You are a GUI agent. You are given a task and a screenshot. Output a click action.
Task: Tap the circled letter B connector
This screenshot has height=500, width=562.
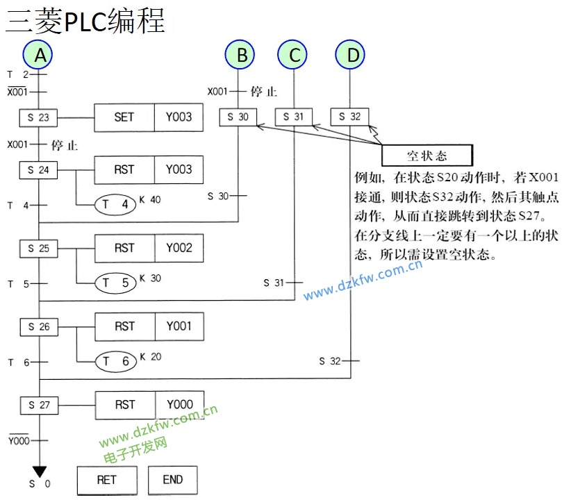point(240,55)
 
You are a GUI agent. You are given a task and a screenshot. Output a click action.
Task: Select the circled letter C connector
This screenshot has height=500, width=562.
point(294,55)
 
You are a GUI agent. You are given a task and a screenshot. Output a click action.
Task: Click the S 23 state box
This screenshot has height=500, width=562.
point(38,117)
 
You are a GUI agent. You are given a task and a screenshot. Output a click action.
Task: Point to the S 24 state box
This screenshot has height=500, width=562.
point(38,169)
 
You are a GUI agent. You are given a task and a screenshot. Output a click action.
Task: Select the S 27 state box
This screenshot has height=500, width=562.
point(38,404)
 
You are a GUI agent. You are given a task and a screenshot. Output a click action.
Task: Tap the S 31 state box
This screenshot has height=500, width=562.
point(294,117)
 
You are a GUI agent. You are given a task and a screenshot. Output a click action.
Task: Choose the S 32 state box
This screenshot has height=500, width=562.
point(350,117)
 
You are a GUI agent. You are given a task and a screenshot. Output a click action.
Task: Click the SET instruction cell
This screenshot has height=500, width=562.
point(124,117)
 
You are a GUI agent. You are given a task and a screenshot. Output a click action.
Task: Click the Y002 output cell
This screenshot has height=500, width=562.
point(179,248)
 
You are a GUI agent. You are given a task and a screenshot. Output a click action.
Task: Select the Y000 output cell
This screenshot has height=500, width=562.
point(179,404)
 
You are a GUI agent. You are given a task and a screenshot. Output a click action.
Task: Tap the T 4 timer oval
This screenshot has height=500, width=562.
point(115,204)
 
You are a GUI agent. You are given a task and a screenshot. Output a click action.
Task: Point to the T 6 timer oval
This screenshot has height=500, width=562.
point(115,361)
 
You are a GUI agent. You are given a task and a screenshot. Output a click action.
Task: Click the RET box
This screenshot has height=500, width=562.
point(107,480)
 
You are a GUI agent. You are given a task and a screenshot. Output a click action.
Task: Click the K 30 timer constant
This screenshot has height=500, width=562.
point(151,278)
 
